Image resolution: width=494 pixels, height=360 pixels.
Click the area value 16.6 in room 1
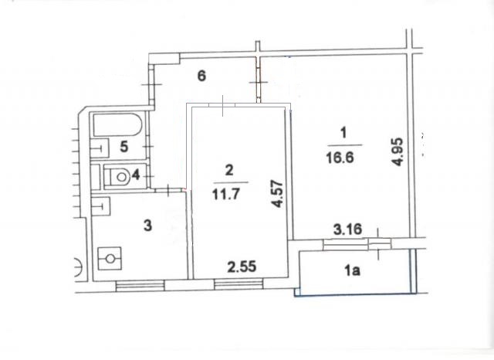[340, 157]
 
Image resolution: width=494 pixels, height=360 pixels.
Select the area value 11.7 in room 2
[226, 194]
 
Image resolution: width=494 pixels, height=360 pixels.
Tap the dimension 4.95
[397, 151]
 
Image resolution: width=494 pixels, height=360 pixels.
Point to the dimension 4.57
[277, 194]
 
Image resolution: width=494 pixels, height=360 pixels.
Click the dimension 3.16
[348, 229]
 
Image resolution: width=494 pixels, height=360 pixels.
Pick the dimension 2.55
[242, 267]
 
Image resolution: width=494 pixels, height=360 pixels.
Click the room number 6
[201, 76]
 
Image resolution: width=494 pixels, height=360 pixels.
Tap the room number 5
[124, 147]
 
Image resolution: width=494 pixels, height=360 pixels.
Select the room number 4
[136, 175]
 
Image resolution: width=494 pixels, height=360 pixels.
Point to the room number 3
[147, 226]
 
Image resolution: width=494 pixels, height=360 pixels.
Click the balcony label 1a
[352, 270]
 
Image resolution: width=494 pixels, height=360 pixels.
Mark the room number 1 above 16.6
[343, 132]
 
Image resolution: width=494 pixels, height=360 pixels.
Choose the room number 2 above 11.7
[229, 170]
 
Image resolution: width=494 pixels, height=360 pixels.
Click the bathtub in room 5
[117, 124]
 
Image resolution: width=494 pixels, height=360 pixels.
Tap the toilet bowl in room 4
[117, 177]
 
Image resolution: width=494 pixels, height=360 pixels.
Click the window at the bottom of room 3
[140, 285]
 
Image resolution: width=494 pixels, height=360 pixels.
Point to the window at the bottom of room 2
[239, 284]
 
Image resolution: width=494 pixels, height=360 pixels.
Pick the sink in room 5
[100, 148]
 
